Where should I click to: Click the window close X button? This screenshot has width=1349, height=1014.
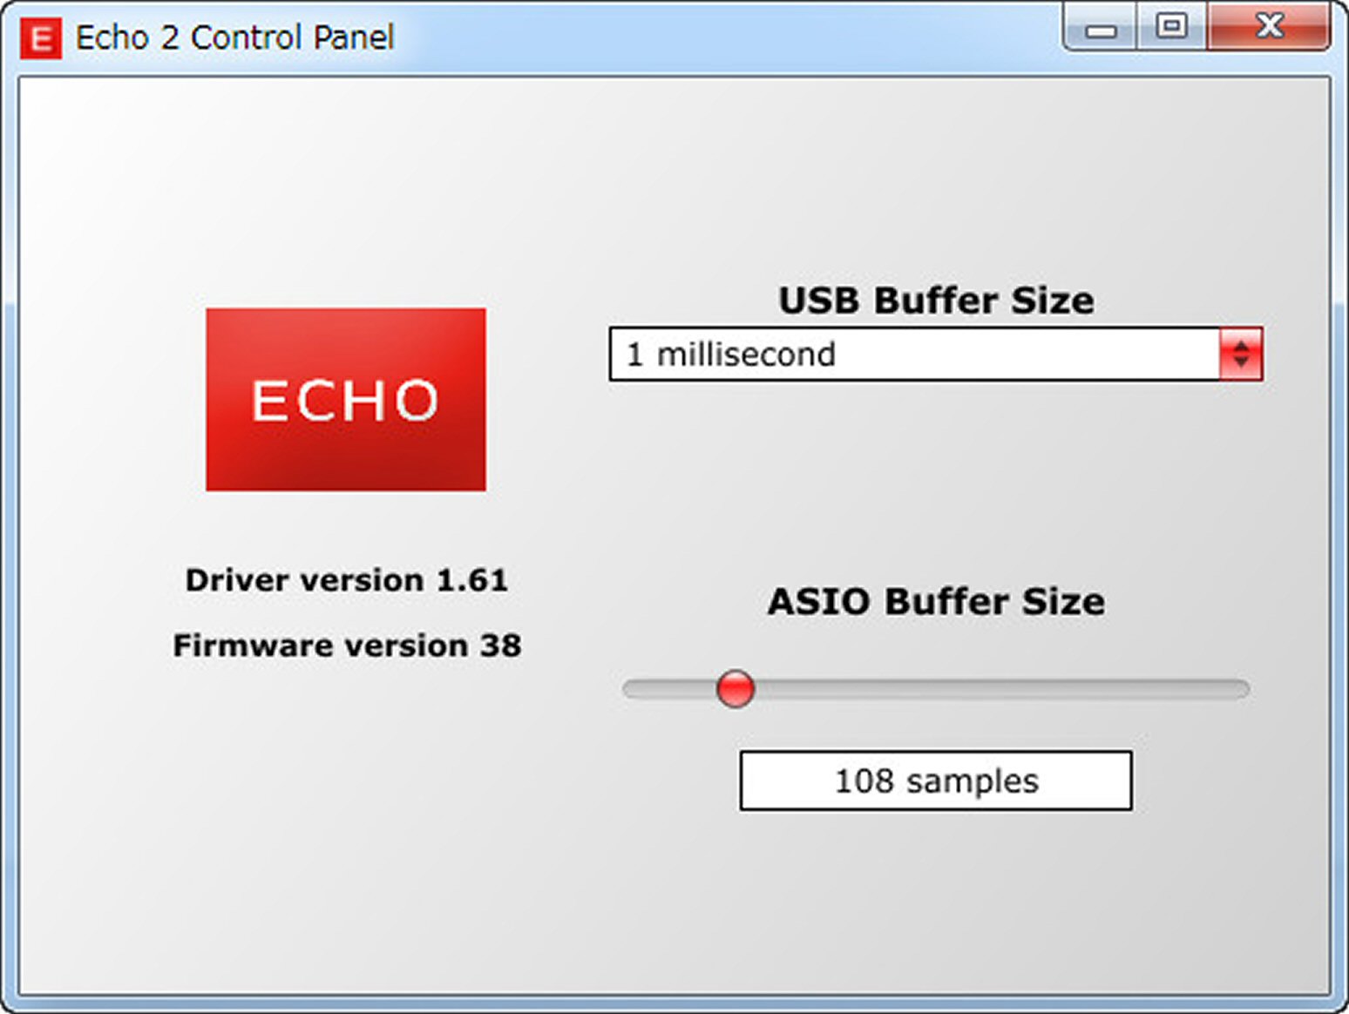click(1269, 26)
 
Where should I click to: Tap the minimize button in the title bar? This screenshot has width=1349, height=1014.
click(1100, 28)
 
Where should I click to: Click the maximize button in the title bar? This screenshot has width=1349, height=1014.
click(1171, 26)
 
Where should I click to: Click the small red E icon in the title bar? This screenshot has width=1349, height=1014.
click(41, 38)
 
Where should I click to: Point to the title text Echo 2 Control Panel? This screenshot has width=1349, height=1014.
click(234, 37)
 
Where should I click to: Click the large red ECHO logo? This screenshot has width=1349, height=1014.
click(346, 399)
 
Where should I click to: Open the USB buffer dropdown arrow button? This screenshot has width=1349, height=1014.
click(1241, 355)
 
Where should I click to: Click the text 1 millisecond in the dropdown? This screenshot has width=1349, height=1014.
click(731, 355)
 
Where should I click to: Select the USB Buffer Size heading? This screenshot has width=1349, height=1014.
click(936, 301)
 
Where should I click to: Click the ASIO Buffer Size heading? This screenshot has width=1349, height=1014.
click(936, 601)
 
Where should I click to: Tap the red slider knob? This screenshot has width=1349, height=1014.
click(735, 688)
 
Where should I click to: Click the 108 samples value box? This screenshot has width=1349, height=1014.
click(936, 781)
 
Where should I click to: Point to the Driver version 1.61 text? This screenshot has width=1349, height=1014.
click(347, 580)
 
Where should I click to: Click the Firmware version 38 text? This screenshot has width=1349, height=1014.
click(347, 646)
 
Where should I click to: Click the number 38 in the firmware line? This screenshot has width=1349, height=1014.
click(501, 646)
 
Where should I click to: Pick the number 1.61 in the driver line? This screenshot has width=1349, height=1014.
click(472, 580)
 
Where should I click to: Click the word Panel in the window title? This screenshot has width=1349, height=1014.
click(354, 37)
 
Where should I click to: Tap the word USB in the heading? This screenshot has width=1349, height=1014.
click(818, 301)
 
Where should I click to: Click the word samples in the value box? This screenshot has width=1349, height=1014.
click(973, 782)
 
